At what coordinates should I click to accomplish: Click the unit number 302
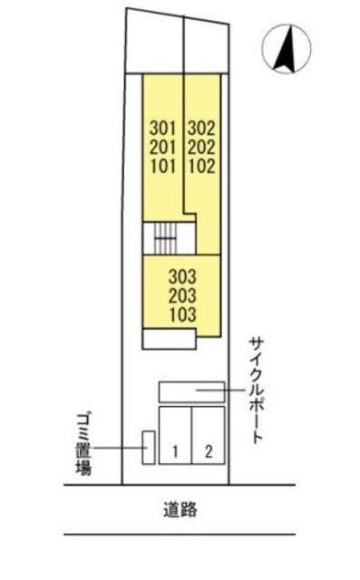tap(203, 129)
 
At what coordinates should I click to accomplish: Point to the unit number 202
tap(203, 147)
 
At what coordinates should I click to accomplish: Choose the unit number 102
tap(203, 165)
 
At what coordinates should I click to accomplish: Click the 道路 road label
tap(182, 510)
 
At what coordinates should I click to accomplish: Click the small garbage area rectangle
tap(145, 447)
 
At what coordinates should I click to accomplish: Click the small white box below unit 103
tap(169, 339)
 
